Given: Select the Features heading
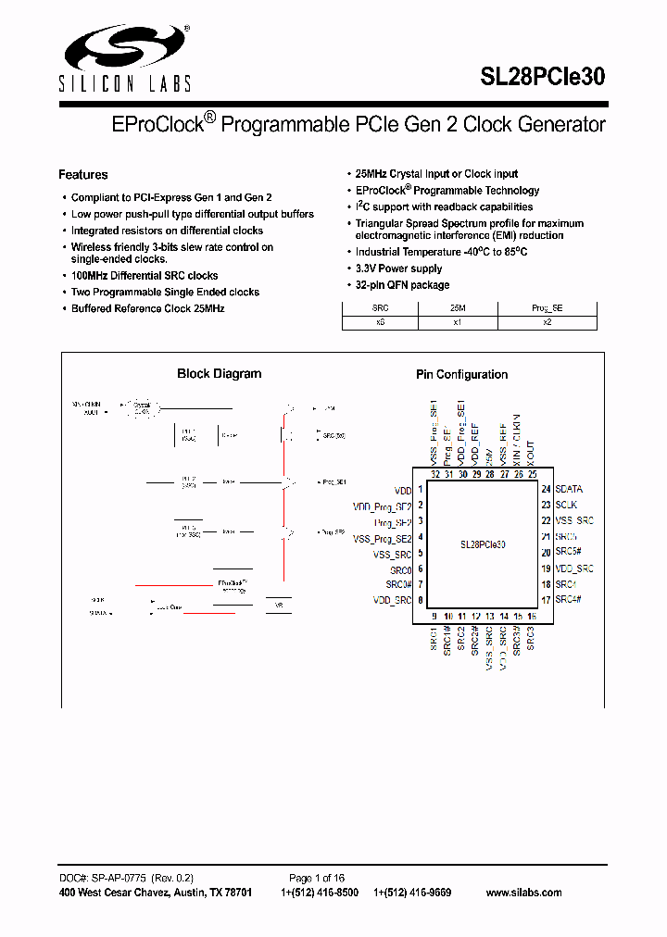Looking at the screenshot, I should (x=82, y=175).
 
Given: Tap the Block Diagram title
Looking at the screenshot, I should (x=219, y=374).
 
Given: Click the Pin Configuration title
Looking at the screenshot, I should (x=461, y=375).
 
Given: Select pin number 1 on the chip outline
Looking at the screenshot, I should (x=421, y=489).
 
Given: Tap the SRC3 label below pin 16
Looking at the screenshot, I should (x=531, y=638).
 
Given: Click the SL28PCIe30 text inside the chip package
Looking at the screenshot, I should (x=482, y=545).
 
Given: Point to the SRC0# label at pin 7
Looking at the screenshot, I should (x=399, y=585).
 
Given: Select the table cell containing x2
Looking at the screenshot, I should (x=547, y=322).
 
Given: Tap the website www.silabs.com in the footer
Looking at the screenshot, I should (x=523, y=893).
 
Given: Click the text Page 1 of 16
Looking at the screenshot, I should (x=317, y=878).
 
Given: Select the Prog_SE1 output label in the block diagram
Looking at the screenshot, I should (x=333, y=482).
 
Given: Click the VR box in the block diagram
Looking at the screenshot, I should (x=278, y=605).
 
